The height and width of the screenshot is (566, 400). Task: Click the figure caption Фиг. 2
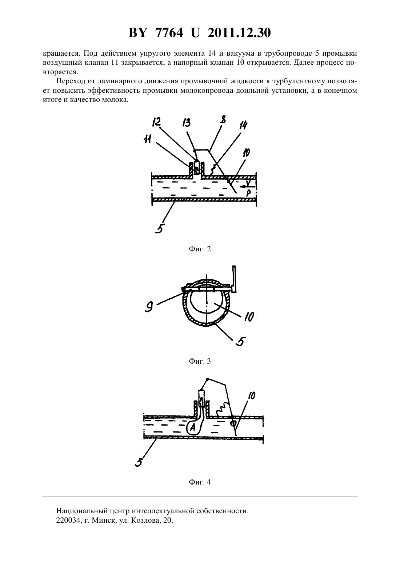coord(200,249)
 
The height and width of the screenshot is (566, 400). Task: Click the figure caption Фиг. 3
coord(200,361)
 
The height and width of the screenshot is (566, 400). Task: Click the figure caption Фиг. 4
coord(200,482)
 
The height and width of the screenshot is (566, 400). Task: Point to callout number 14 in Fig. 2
coord(243,125)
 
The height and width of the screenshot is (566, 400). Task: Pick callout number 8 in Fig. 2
coord(223,120)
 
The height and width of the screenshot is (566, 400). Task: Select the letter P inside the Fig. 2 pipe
coord(248,194)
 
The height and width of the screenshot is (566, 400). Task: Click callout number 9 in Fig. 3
coord(149,307)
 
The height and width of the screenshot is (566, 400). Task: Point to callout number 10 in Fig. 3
coord(249,316)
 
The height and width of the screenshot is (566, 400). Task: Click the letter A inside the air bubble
coord(193,427)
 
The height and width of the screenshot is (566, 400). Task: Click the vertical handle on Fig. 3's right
coord(235,279)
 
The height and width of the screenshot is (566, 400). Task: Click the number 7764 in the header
coord(169,33)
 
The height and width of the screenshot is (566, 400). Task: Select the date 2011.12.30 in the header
coord(239,33)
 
